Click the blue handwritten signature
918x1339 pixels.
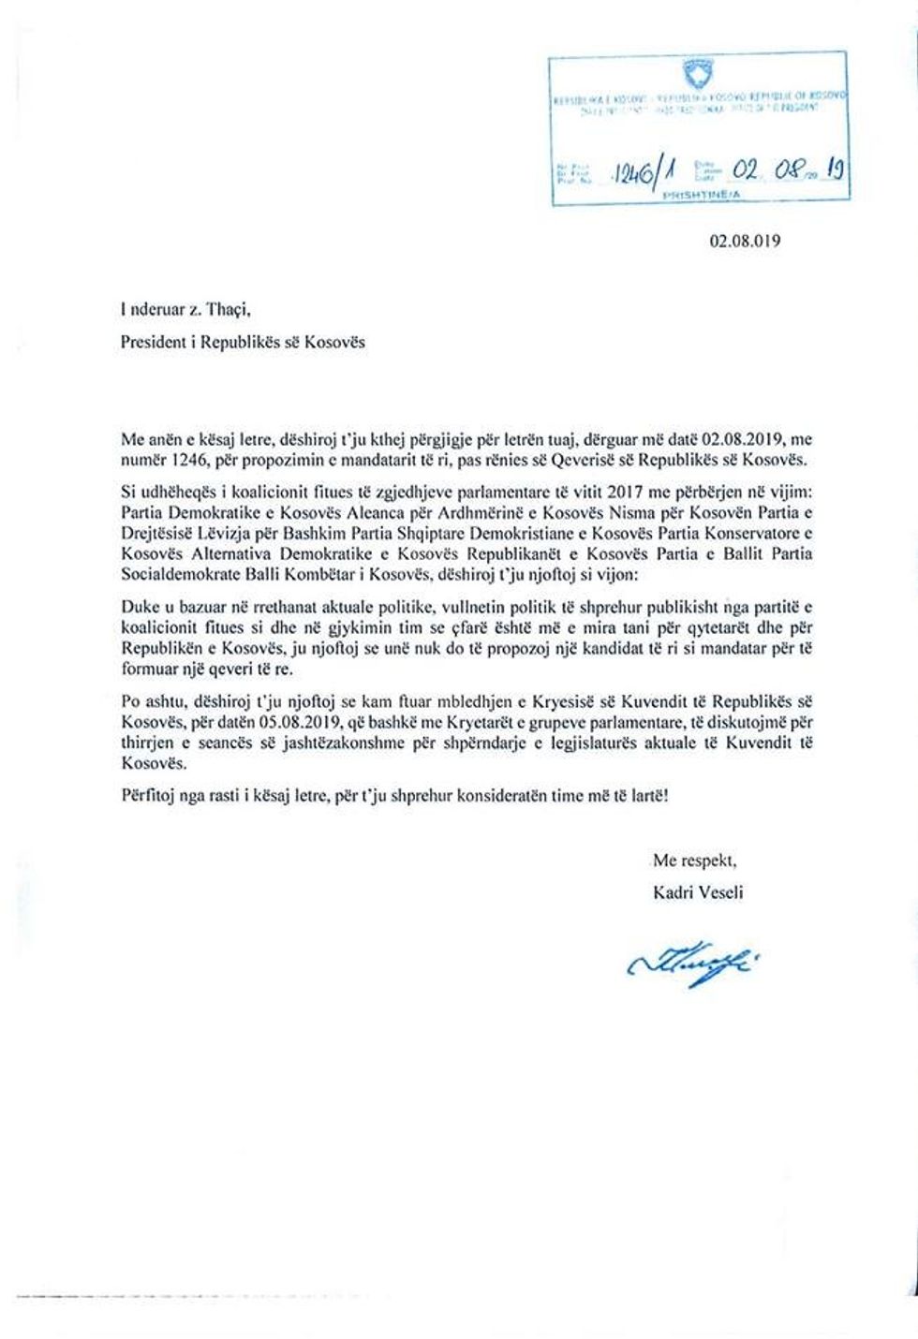(x=687, y=962)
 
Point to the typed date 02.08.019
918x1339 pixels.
(x=744, y=241)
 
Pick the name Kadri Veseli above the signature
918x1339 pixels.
(x=698, y=891)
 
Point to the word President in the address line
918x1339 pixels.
(x=155, y=342)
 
